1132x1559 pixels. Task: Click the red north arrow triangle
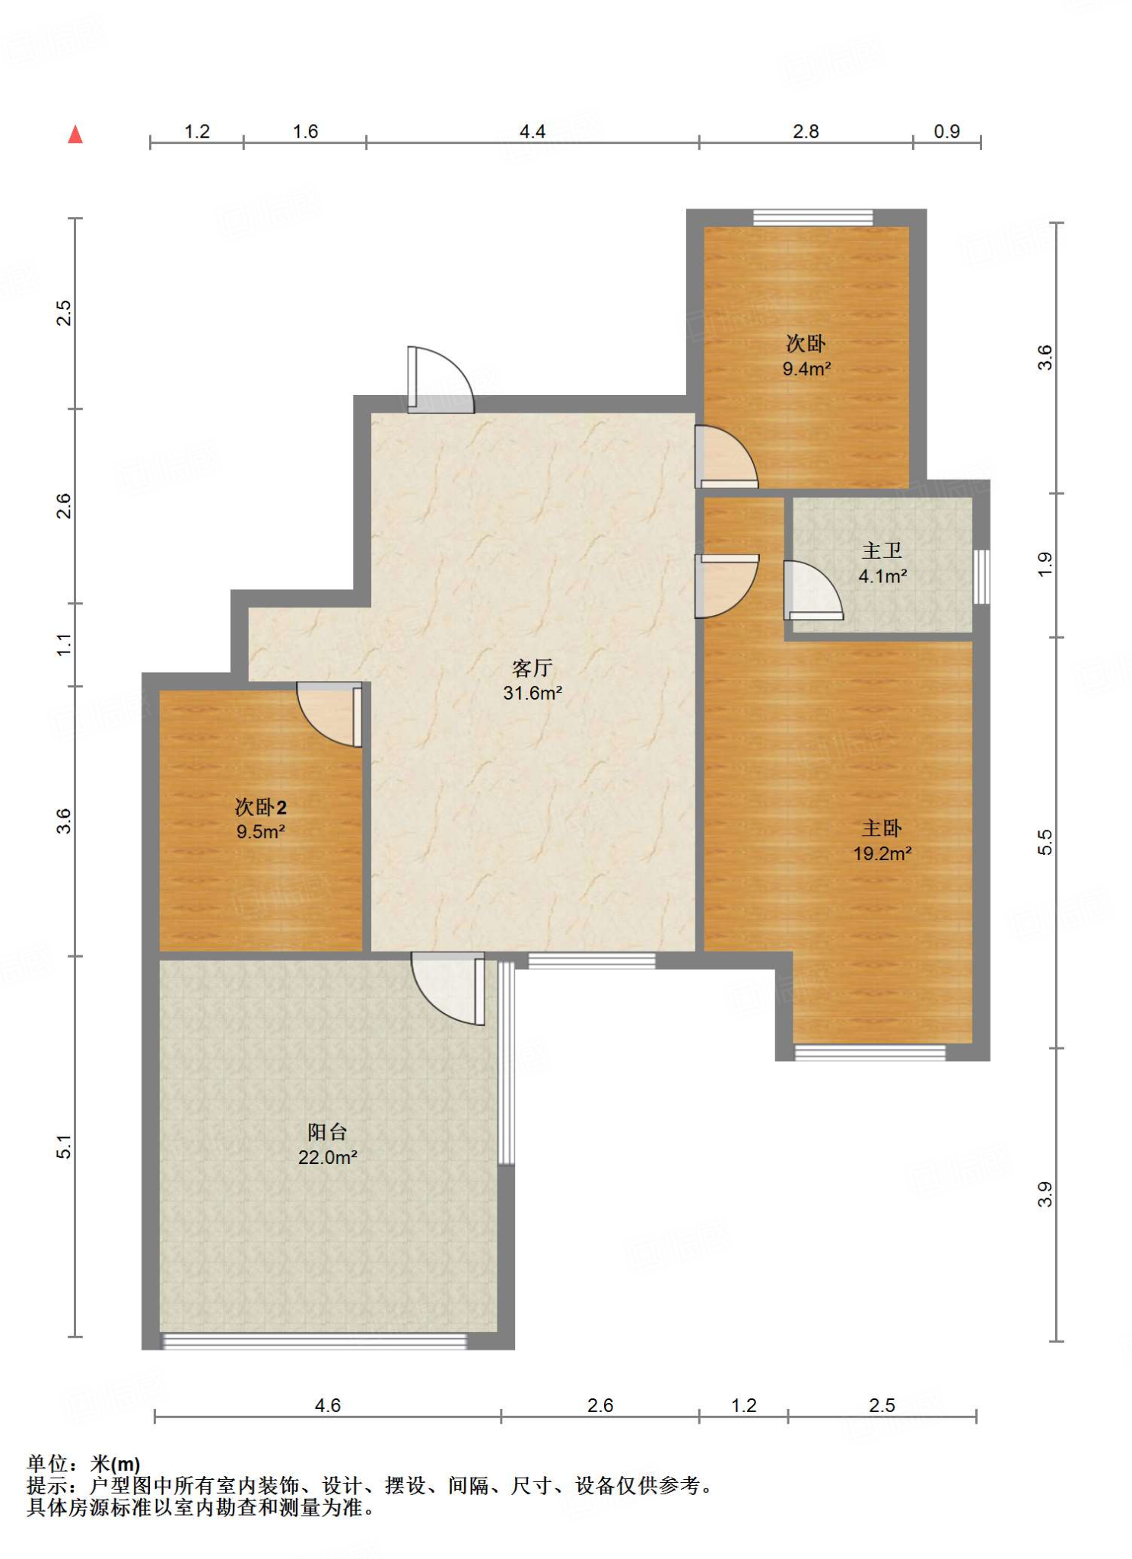click(x=75, y=135)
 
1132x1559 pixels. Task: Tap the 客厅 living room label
click(x=532, y=668)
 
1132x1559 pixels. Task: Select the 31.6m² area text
click(x=533, y=693)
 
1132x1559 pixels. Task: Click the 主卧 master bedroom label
click(x=882, y=828)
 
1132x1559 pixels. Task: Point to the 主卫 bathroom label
click(x=882, y=550)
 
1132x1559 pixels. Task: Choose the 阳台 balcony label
click(x=327, y=1132)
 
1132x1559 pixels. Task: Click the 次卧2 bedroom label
click(x=260, y=807)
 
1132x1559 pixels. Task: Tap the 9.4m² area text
click(x=806, y=369)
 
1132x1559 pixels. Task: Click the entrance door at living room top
click(x=440, y=380)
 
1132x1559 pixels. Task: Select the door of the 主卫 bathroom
click(x=813, y=591)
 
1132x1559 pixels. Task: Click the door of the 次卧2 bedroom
click(x=329, y=714)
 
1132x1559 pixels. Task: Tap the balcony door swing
click(x=448, y=988)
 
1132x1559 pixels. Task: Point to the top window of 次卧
click(x=812, y=218)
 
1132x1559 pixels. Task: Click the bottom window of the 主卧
click(x=870, y=1053)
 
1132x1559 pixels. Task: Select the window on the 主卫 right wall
click(x=982, y=576)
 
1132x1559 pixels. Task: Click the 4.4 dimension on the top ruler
click(x=532, y=132)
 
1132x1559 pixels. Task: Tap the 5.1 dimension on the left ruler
click(x=64, y=1146)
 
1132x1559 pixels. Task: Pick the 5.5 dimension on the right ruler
click(x=1045, y=842)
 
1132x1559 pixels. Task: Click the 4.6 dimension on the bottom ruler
click(x=327, y=1405)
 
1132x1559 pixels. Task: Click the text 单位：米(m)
click(x=84, y=1464)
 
